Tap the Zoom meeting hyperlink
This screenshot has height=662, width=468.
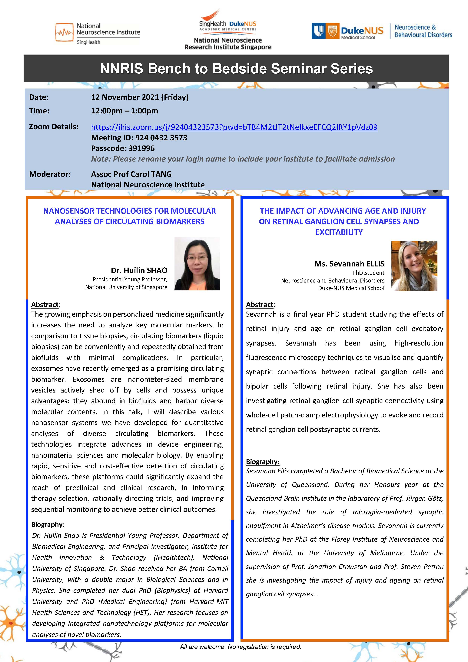tap(234, 127)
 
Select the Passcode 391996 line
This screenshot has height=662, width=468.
tap(123, 148)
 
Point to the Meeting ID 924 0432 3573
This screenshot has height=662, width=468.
tap(139, 138)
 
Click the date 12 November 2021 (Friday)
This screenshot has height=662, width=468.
tap(140, 97)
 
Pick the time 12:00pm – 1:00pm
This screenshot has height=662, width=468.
tap(124, 111)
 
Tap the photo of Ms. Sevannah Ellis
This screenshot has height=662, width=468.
tap(414, 266)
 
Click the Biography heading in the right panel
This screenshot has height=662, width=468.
tap(262, 462)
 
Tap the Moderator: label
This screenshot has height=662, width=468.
tap(50, 174)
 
